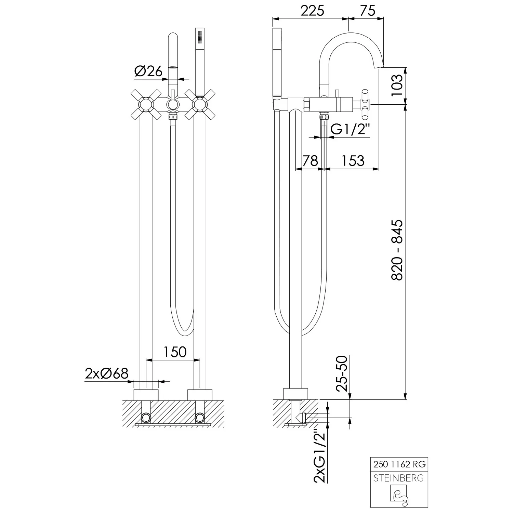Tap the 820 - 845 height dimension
[x=397, y=250]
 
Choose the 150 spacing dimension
[x=175, y=352]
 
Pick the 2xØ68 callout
[x=107, y=373]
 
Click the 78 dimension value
[x=310, y=160]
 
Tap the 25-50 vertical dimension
[x=342, y=373]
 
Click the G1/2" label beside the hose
[x=351, y=130]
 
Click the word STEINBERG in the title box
[x=398, y=478]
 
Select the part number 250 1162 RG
[x=398, y=464]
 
